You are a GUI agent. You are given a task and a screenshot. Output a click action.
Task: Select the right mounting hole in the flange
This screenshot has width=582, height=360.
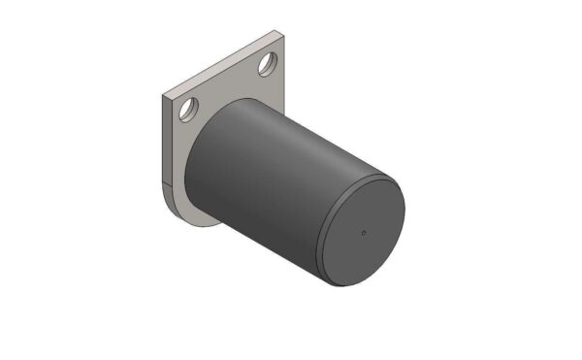[266, 66]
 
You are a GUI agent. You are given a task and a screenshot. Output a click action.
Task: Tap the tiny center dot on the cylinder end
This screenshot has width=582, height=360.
[363, 232]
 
